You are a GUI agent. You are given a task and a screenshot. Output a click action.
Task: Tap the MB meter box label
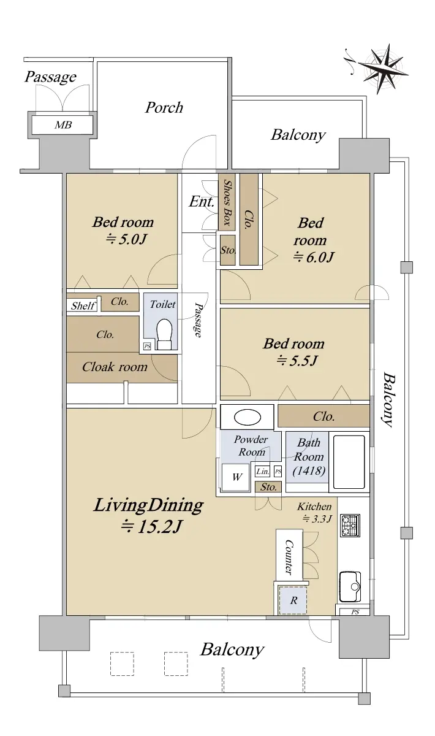click(63, 125)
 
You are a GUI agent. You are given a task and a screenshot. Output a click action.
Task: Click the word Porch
click(164, 107)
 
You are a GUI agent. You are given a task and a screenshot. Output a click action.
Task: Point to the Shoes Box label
click(227, 202)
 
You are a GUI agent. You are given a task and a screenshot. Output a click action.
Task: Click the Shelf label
click(83, 306)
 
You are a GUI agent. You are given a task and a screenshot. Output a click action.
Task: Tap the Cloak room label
click(115, 367)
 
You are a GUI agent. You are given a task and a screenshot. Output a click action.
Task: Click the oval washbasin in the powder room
click(247, 417)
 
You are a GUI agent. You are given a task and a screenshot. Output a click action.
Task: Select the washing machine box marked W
click(236, 477)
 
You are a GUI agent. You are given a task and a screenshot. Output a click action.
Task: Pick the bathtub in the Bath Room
click(349, 462)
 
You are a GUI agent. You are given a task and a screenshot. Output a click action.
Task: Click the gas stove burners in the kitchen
click(350, 526)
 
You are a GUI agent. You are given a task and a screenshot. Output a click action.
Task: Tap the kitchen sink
click(350, 586)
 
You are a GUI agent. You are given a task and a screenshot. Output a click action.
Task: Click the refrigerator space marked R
click(293, 600)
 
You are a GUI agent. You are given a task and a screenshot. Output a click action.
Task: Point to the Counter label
click(289, 557)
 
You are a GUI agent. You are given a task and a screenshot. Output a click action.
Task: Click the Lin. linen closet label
click(262, 472)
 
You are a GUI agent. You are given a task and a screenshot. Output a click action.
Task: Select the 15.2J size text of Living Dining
click(151, 527)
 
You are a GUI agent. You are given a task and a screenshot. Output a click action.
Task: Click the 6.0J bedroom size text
click(313, 256)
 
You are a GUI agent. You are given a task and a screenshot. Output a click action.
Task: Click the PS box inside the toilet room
click(147, 346)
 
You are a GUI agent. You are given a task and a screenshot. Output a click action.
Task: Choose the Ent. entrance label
click(201, 201)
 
